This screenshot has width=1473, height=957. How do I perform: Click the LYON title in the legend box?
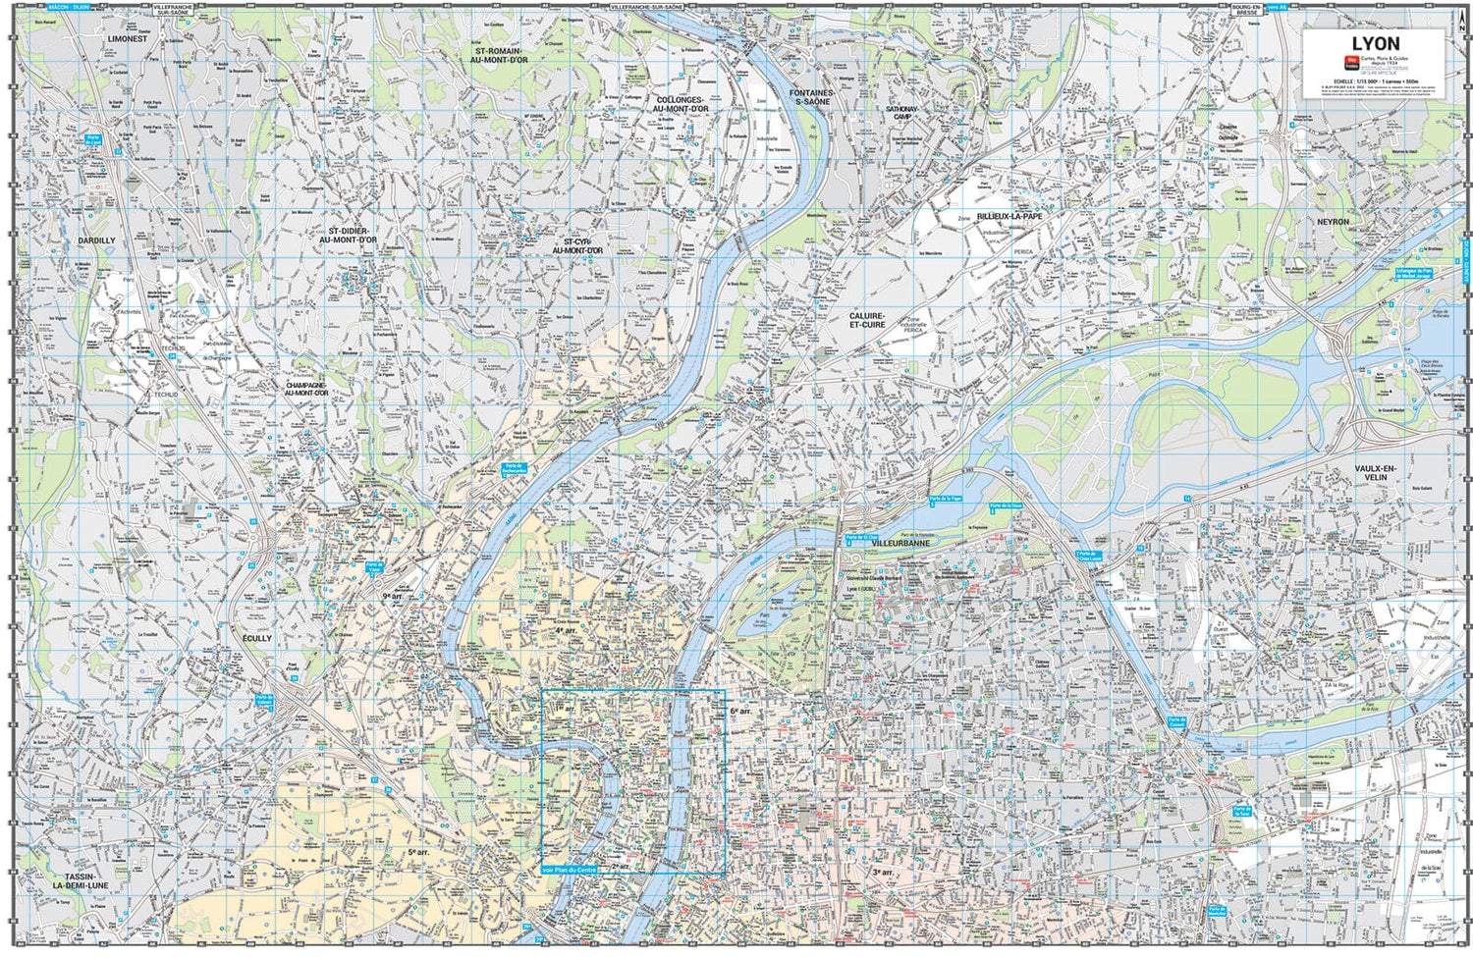[1375, 43]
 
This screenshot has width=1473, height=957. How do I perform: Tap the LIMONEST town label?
[127, 37]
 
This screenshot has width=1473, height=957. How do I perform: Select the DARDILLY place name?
[97, 240]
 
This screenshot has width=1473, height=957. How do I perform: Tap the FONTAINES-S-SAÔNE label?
[811, 97]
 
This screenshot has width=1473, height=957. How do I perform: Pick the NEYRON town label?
[1334, 222]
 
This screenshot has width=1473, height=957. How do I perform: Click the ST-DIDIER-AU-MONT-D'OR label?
[347, 236]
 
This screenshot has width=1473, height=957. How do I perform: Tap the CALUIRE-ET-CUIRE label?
[868, 320]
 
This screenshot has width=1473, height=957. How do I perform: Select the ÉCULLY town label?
[256, 638]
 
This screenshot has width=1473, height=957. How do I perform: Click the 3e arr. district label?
[883, 872]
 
